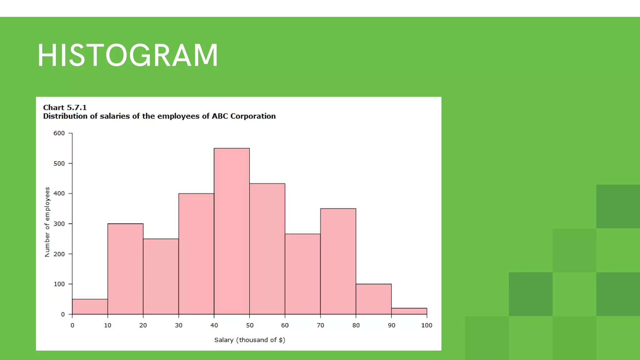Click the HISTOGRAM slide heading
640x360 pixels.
pyautogui.click(x=127, y=55)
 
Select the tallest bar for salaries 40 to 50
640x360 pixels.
pyautogui.click(x=232, y=231)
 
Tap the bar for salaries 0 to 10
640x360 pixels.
pyautogui.click(x=90, y=307)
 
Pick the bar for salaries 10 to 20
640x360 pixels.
pyautogui.click(x=125, y=269)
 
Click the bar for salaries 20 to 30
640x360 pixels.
pyautogui.click(x=161, y=277)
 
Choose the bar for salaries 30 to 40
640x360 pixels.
pyautogui.click(x=196, y=254)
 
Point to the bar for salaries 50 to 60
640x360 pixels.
pyautogui.click(x=267, y=249)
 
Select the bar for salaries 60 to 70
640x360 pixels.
pyautogui.click(x=302, y=274)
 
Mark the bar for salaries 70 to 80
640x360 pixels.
pyautogui.click(x=338, y=261)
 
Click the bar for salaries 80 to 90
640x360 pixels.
pyautogui.click(x=373, y=299)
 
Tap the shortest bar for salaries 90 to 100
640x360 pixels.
pyautogui.click(x=409, y=311)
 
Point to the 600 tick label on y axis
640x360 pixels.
pyautogui.click(x=59, y=133)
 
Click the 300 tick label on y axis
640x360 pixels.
pyautogui.click(x=59, y=224)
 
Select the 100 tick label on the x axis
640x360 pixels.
pyautogui.click(x=427, y=325)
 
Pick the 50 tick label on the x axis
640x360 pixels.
pyautogui.click(x=250, y=325)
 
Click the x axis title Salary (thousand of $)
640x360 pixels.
pyautogui.click(x=250, y=340)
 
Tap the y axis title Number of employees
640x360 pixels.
pyautogui.click(x=47, y=222)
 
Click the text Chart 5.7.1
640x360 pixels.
pyautogui.click(x=65, y=107)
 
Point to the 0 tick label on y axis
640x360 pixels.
pyautogui.click(x=63, y=314)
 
